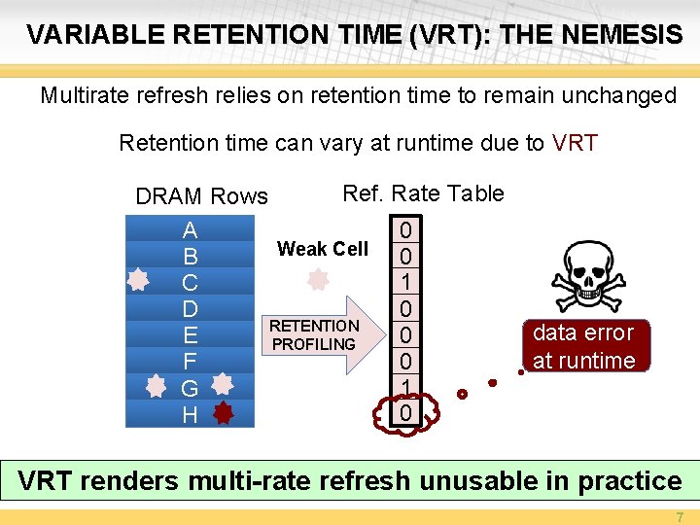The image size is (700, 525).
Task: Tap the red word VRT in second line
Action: point(574,144)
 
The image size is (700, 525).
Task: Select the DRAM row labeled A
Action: point(190,230)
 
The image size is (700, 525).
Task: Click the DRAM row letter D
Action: point(190,309)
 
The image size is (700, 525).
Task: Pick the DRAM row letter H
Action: point(190,415)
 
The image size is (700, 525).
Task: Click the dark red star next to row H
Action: point(223,413)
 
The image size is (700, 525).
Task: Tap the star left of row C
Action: point(140,281)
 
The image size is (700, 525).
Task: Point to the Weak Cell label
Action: point(322,249)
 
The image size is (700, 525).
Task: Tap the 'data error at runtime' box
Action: point(583,346)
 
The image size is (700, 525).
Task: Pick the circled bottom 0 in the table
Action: point(405,414)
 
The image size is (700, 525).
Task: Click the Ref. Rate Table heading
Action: point(423,193)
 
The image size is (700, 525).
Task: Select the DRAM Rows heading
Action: point(201,196)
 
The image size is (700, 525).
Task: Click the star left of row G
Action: point(156,387)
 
